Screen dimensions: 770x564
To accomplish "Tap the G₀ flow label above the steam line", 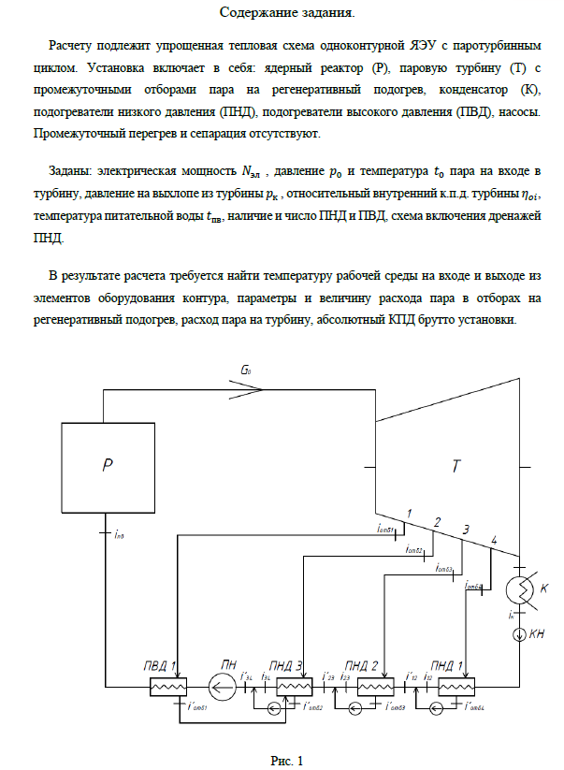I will [246, 371].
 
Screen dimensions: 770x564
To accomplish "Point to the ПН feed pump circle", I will [222, 690].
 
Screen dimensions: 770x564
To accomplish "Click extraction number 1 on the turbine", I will [408, 513].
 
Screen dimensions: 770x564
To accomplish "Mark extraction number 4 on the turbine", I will [494, 541].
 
